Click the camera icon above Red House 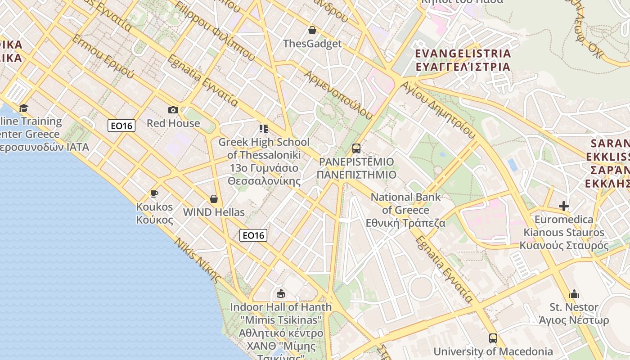click(173, 110)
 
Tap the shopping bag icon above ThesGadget click(312, 30)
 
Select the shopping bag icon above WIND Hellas click(214, 199)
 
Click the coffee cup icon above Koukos click(154, 193)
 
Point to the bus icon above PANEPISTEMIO click(356, 148)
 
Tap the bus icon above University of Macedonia click(493, 338)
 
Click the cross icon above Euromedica click(563, 206)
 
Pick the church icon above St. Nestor click(574, 294)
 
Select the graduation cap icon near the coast click(23, 108)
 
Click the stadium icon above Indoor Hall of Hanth click(281, 294)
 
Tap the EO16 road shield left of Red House click(121, 126)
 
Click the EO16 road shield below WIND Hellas click(253, 235)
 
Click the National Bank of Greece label click(406, 210)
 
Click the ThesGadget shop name click(312, 44)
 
